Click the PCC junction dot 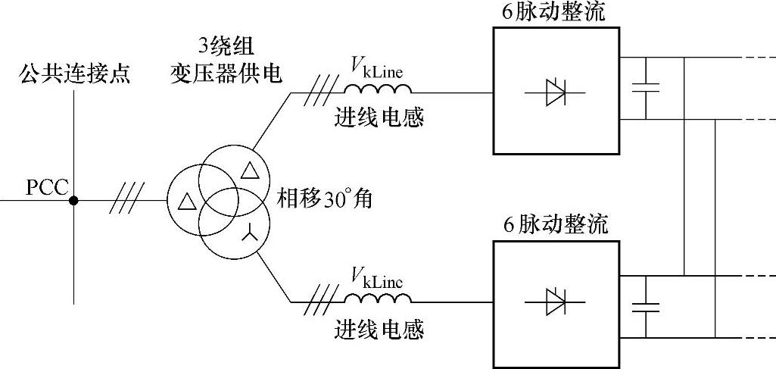[73, 201]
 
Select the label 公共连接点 [75, 73]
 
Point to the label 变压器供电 [226, 74]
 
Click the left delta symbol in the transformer [184, 202]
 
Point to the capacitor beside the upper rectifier [646, 88]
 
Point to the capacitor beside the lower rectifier [646, 306]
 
